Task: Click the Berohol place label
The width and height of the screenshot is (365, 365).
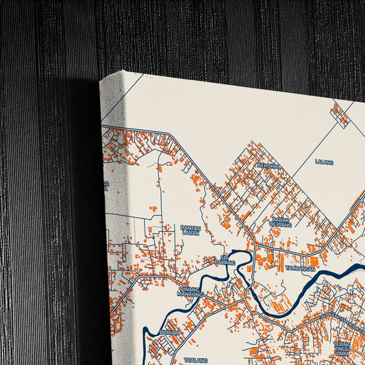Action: click(x=269, y=165)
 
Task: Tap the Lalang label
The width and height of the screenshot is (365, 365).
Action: click(x=324, y=162)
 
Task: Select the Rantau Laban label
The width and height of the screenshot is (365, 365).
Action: click(x=190, y=230)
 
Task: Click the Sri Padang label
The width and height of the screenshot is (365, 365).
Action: click(x=224, y=260)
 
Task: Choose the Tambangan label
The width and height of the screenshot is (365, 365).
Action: click(x=299, y=269)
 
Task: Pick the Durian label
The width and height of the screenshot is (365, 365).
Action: click(x=169, y=332)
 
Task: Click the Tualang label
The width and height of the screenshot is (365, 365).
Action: click(x=194, y=359)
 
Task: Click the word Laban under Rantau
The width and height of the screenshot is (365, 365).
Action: click(x=190, y=233)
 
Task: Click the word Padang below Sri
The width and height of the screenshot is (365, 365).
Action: click(x=225, y=263)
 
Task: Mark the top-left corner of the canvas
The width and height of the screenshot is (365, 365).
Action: click(x=100, y=79)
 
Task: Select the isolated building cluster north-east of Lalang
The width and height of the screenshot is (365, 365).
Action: click(x=340, y=114)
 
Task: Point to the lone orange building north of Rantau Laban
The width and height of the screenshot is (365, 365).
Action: click(x=153, y=208)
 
